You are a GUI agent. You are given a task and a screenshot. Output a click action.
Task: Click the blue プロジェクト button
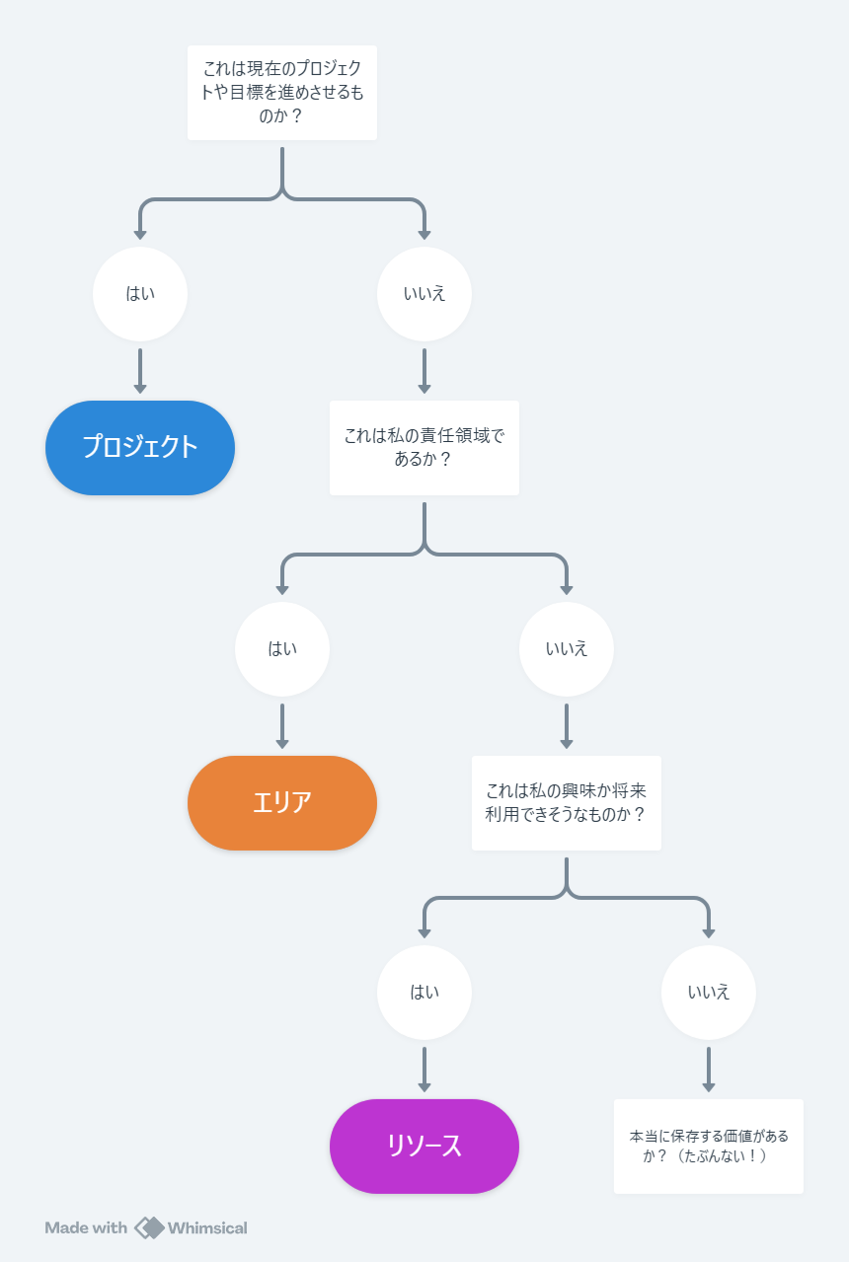tap(140, 448)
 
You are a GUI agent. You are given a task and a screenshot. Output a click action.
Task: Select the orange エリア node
tap(282, 803)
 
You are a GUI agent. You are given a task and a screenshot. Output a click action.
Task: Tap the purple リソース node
tap(424, 1146)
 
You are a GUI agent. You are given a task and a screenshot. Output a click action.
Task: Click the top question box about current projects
tap(282, 93)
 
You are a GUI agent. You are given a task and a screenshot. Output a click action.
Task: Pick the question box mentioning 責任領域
tap(424, 448)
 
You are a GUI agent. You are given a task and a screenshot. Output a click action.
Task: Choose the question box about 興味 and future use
tap(566, 803)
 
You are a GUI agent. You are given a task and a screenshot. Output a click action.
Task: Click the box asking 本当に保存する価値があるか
tap(708, 1146)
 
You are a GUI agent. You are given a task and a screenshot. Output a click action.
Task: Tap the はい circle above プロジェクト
tap(140, 293)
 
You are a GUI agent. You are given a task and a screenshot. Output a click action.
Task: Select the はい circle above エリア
tap(282, 649)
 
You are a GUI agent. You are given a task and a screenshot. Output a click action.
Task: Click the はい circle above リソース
tap(424, 992)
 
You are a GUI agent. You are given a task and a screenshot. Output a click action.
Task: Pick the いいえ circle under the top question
tap(424, 293)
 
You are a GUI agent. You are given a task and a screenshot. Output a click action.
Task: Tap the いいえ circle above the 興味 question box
tap(566, 649)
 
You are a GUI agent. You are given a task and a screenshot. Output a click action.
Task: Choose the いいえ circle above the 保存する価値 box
tap(708, 992)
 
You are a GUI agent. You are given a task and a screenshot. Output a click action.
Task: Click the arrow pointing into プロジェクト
tap(140, 371)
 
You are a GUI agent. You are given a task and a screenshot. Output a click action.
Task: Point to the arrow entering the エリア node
tap(282, 726)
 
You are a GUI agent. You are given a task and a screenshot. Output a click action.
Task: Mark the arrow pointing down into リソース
tap(424, 1070)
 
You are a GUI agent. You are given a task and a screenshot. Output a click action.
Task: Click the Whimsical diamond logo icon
tap(149, 1227)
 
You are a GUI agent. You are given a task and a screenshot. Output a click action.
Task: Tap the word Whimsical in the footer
tap(207, 1227)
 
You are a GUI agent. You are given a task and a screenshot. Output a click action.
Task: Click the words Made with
tap(86, 1227)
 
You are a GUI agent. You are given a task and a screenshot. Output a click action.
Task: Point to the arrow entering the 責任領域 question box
tap(424, 371)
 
